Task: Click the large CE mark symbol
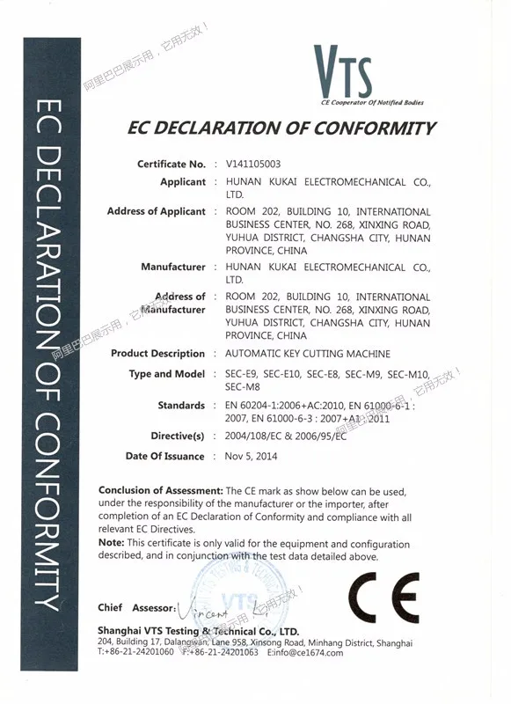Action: pyautogui.click(x=383, y=598)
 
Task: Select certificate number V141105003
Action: pyautogui.click(x=254, y=165)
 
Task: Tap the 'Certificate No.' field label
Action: pyautogui.click(x=172, y=165)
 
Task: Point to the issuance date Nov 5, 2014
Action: pyautogui.click(x=252, y=456)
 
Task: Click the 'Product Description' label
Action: pyautogui.click(x=157, y=354)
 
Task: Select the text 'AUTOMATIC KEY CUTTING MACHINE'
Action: pyautogui.click(x=308, y=354)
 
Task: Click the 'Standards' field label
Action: pyautogui.click(x=181, y=406)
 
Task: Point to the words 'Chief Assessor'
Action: pyautogui.click(x=135, y=608)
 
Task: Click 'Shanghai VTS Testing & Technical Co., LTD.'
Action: pyautogui.click(x=199, y=632)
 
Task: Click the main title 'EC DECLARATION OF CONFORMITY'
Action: pyautogui.click(x=281, y=128)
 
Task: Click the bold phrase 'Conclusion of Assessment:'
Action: pyautogui.click(x=161, y=491)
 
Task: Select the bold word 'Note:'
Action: pyautogui.click(x=112, y=545)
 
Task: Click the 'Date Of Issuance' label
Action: pyautogui.click(x=164, y=456)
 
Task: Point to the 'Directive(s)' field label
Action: pyautogui.click(x=178, y=436)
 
